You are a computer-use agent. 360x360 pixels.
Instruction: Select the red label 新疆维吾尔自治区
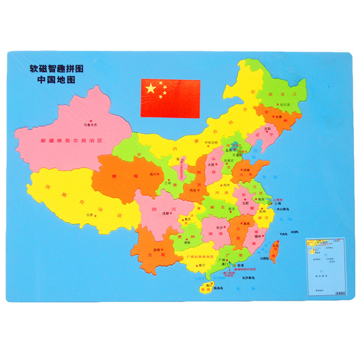pos(73,140)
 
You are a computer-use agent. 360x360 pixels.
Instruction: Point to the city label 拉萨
pos(92,214)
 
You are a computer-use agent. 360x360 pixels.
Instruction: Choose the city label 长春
pos(278,117)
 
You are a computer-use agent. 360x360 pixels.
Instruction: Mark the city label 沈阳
pos(267,129)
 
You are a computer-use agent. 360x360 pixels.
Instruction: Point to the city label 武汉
pos(231,209)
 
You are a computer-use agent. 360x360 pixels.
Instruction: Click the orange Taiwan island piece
pos(274,251)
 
